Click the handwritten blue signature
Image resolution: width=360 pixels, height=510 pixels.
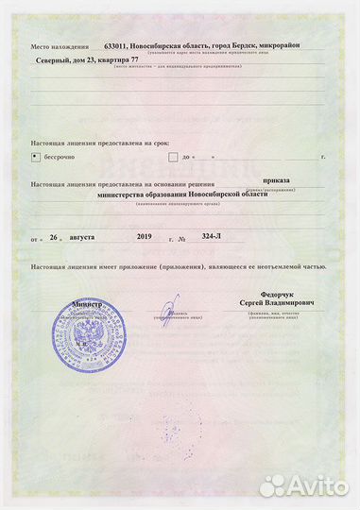[x=169, y=310]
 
